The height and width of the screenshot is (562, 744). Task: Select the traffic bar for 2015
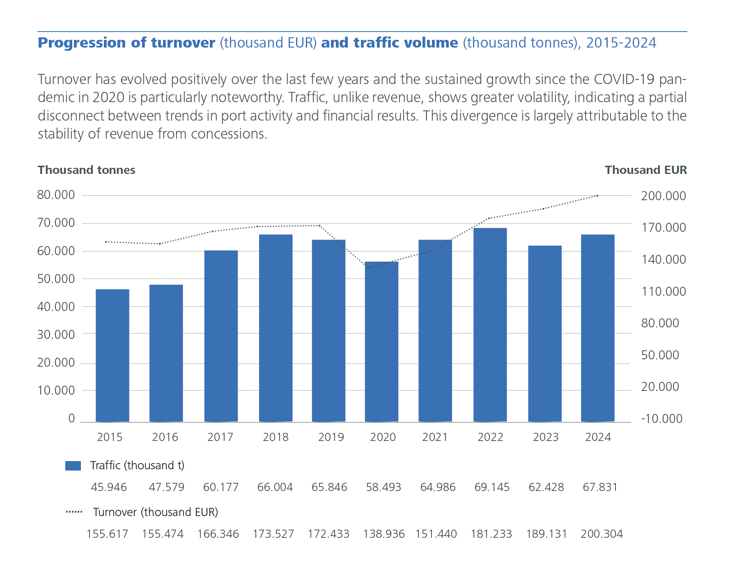click(x=112, y=355)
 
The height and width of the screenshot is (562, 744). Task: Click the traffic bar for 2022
click(x=490, y=324)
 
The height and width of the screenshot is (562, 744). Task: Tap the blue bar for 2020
click(x=381, y=341)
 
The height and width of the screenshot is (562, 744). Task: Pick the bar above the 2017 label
click(x=221, y=336)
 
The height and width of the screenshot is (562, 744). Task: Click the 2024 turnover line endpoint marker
click(x=597, y=196)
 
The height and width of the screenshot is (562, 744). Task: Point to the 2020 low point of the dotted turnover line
click(x=368, y=268)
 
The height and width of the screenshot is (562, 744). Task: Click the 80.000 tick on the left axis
click(x=56, y=195)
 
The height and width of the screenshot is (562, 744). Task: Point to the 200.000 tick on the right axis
click(x=664, y=196)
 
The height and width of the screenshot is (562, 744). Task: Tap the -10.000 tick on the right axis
click(x=661, y=419)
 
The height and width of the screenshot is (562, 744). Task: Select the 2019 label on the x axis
click(x=331, y=437)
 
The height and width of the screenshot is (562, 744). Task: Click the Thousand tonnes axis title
click(x=86, y=170)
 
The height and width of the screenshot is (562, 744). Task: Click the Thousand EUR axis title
click(x=645, y=170)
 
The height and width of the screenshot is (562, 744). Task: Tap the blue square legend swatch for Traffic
click(x=73, y=466)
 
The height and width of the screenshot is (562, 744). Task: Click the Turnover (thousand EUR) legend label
click(x=155, y=512)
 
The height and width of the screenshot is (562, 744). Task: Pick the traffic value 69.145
click(x=492, y=487)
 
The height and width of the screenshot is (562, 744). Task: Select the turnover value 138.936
click(x=383, y=534)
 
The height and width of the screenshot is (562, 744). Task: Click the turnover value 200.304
click(x=602, y=534)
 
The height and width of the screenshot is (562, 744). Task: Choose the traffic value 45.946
click(x=109, y=487)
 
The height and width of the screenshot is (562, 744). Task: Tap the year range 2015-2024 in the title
click(x=621, y=43)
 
